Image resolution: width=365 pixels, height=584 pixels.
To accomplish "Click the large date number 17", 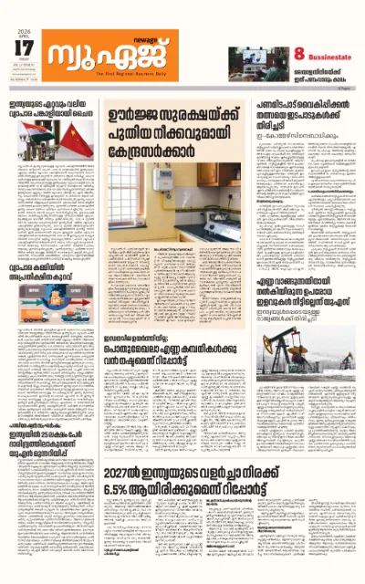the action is tap(27, 46).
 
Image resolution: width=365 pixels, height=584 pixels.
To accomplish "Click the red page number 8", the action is tap(298, 57).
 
